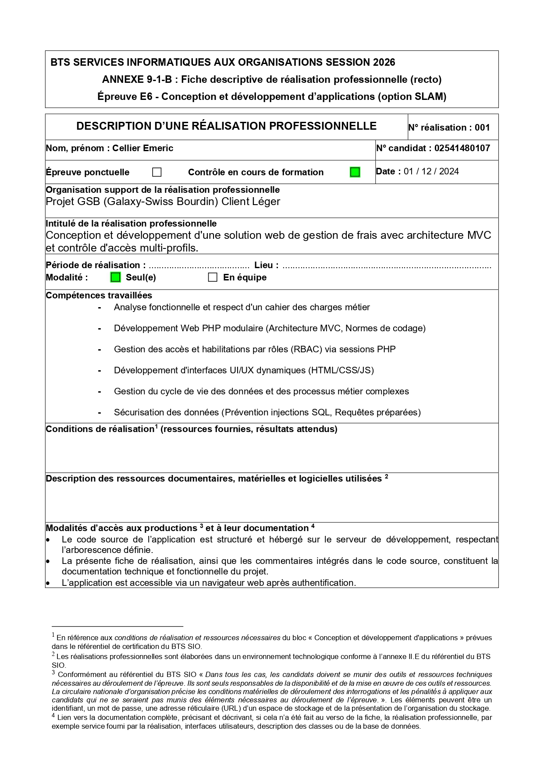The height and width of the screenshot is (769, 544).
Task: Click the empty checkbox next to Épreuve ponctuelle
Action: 157,172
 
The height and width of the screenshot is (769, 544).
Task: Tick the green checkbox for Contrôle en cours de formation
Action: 355,172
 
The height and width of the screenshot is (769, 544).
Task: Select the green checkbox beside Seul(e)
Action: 116,277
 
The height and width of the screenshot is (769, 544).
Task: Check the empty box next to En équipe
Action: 213,277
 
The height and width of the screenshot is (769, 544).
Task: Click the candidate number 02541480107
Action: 462,148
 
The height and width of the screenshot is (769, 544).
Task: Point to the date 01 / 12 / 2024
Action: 431,171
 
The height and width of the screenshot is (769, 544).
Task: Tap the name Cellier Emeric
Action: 142,148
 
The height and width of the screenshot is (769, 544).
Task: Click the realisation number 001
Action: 482,128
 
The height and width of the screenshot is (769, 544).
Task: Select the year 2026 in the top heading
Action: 384,62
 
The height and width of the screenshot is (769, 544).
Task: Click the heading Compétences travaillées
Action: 99,295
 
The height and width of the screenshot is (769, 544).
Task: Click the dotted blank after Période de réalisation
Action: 199,266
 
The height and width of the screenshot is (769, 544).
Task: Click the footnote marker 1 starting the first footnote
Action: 53,635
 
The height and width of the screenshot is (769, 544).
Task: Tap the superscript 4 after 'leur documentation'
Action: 313,526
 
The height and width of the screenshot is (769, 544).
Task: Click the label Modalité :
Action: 67,277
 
